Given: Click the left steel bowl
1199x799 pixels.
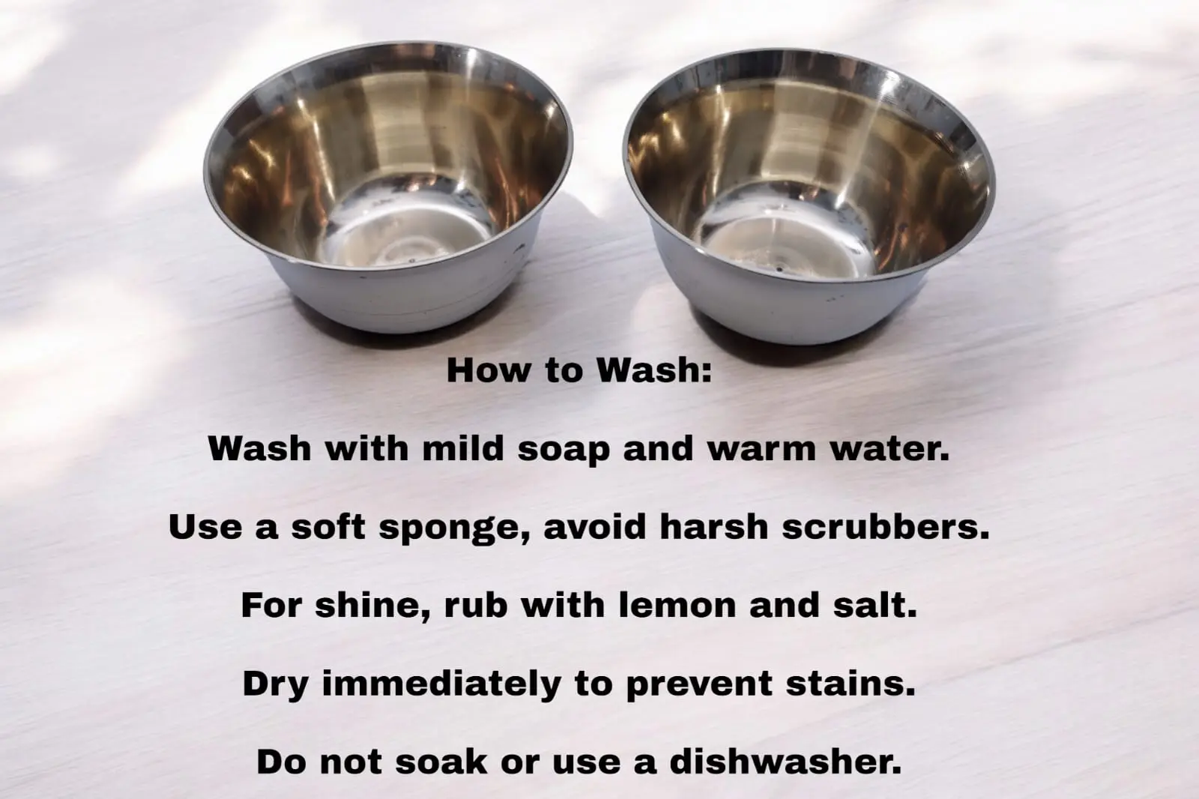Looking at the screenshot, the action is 388,187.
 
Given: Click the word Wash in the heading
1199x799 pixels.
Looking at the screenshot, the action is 655,370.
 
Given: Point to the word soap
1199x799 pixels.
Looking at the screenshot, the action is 564,449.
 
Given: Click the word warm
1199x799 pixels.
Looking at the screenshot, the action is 761,448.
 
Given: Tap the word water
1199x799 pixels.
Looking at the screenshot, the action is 890,448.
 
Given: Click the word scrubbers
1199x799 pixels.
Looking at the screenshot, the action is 885,527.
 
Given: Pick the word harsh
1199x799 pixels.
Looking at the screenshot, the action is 714,527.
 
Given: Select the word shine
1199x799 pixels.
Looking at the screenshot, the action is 372,606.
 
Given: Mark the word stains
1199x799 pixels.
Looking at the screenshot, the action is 851,684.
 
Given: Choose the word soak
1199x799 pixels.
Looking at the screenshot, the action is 441,762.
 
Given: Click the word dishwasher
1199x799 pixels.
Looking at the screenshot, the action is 785,762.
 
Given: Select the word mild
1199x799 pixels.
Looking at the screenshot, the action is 463,448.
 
